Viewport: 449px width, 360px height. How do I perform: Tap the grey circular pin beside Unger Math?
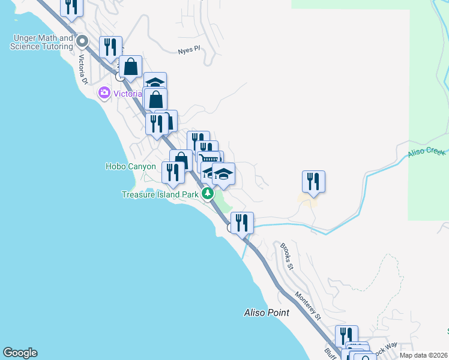[83, 41]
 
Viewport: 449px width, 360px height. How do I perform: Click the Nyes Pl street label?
[188, 51]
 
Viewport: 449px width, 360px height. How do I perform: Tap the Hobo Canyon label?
[130, 167]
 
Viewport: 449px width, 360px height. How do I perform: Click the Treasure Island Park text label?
[160, 194]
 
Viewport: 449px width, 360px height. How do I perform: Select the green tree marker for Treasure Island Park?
[208, 194]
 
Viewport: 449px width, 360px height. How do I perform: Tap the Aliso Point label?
[267, 313]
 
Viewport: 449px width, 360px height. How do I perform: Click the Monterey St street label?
[309, 305]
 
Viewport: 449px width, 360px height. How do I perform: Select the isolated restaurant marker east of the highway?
[313, 181]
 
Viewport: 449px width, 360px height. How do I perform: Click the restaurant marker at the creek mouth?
[242, 223]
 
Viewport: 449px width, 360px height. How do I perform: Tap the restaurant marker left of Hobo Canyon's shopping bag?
[173, 172]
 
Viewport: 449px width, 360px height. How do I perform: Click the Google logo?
[20, 353]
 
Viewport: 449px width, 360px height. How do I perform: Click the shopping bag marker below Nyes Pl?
[130, 67]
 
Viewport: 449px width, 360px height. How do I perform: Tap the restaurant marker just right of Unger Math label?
[110, 46]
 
